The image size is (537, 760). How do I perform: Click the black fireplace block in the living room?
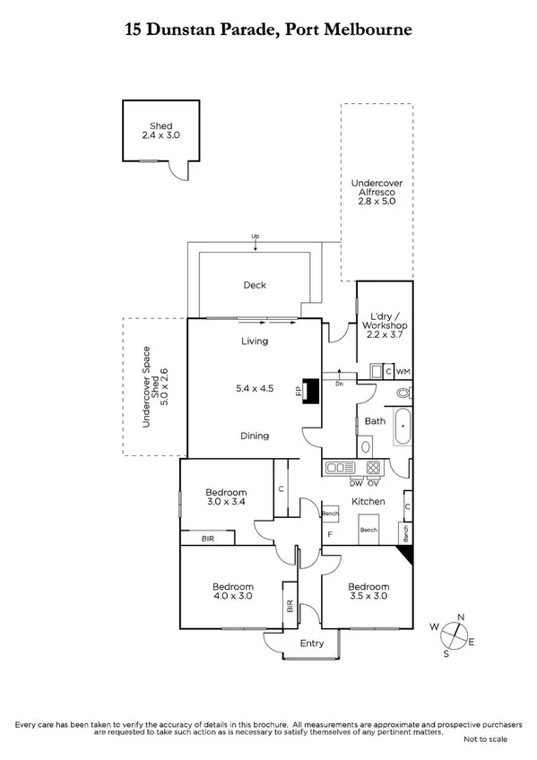[x=311, y=392]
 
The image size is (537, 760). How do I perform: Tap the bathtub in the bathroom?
[x=403, y=427]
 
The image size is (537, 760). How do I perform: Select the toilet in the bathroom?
[x=403, y=393]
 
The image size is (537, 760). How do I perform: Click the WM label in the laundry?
[x=403, y=370]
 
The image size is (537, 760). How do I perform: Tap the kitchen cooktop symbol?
[x=372, y=467]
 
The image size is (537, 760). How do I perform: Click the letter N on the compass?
[x=461, y=617]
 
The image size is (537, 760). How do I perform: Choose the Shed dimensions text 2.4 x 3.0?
[x=161, y=135]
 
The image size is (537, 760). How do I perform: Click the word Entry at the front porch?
[x=311, y=643]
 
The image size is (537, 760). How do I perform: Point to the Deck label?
[x=255, y=285]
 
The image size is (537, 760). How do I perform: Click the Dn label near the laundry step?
[x=339, y=384]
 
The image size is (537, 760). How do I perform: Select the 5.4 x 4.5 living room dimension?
[x=255, y=388]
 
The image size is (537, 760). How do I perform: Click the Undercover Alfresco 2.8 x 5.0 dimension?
[x=377, y=202]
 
